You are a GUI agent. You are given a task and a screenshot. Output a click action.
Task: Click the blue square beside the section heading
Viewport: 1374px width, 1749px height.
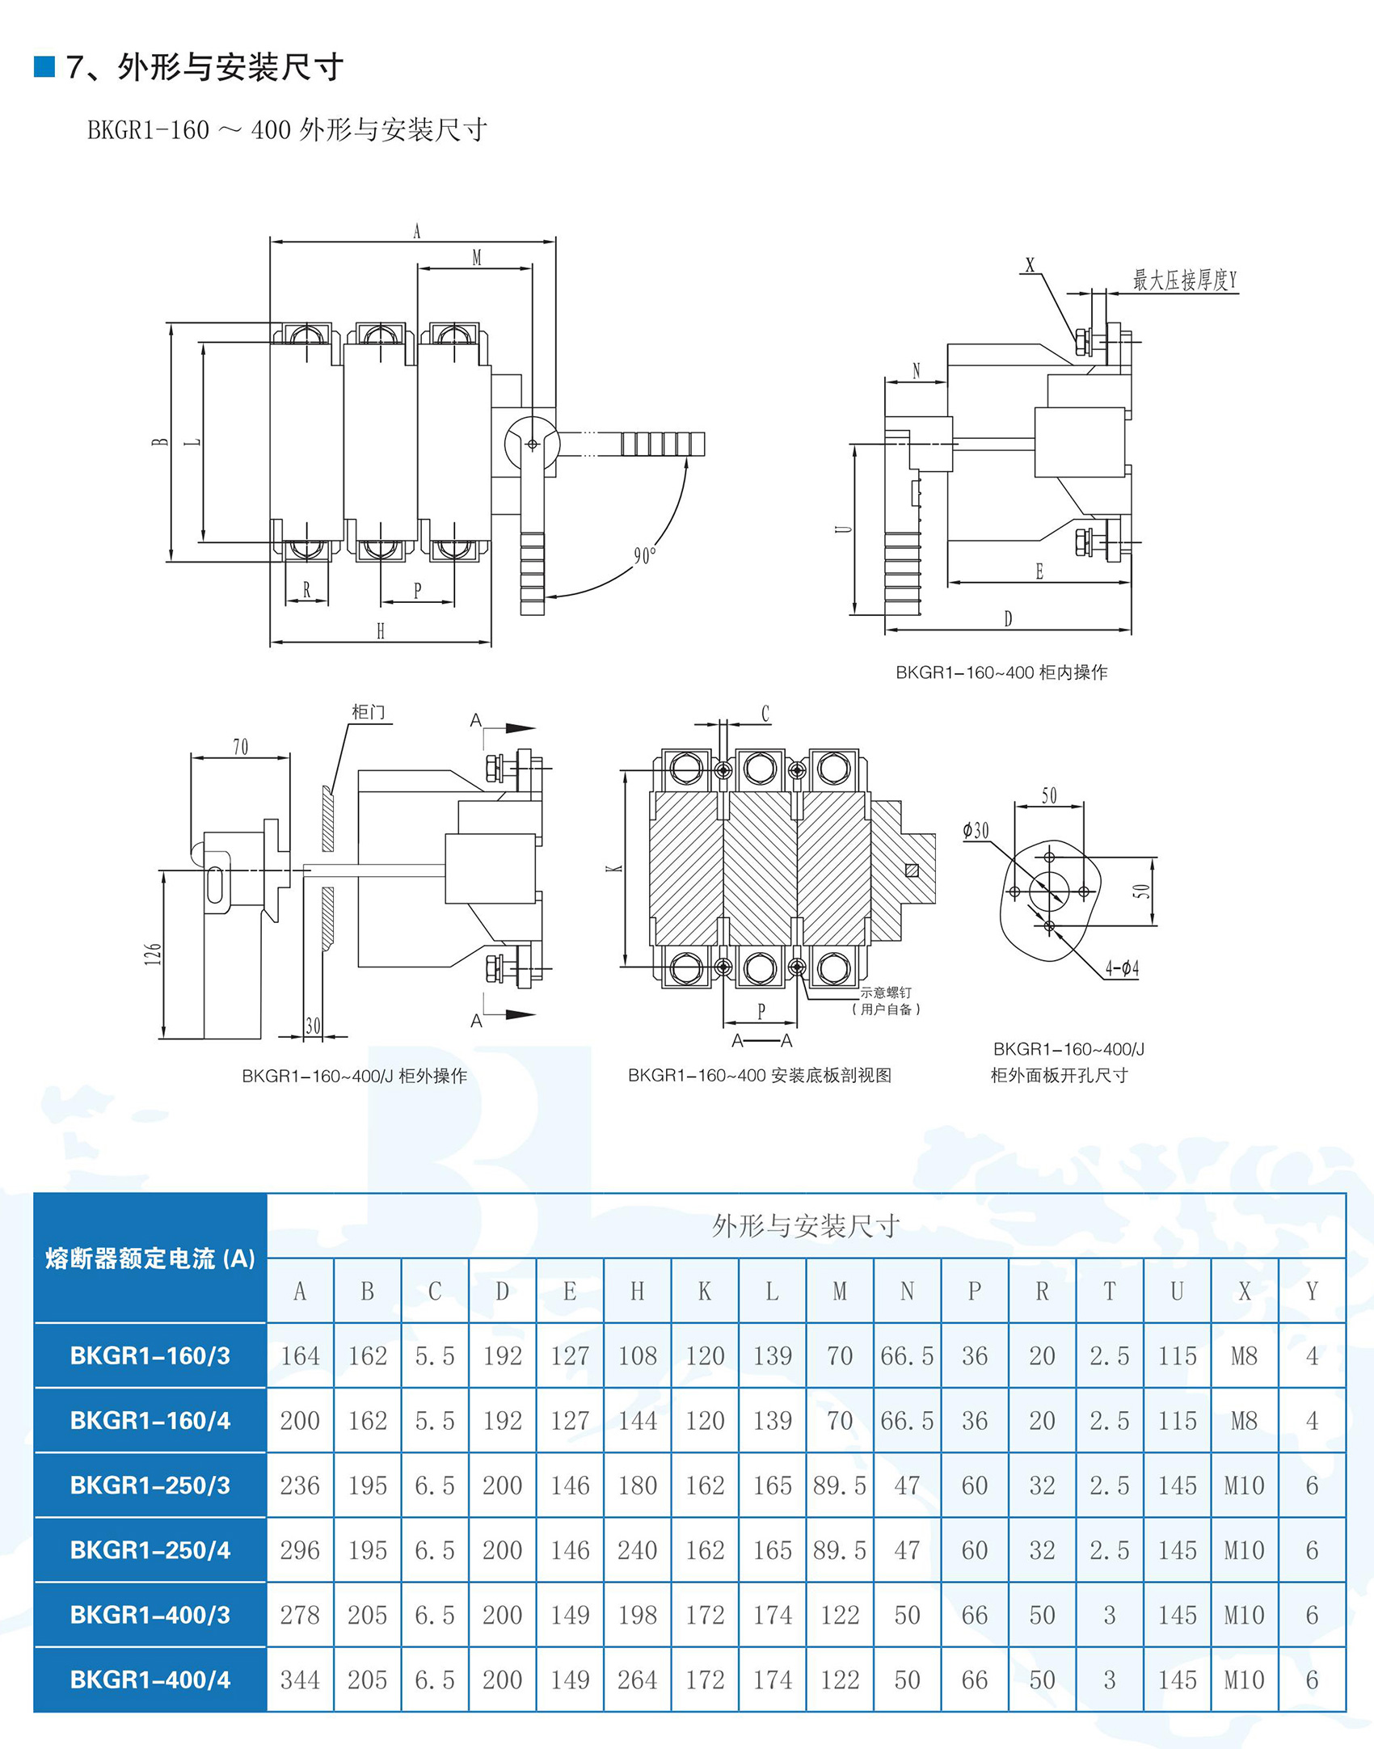44,66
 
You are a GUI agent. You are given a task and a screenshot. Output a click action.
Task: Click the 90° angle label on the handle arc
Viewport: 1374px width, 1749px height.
644,555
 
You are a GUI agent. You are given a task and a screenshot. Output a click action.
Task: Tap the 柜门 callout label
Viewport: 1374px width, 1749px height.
368,712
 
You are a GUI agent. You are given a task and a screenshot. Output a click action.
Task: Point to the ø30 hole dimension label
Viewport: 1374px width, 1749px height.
976,830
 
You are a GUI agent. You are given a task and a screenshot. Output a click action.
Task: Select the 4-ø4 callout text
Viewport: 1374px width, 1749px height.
1122,967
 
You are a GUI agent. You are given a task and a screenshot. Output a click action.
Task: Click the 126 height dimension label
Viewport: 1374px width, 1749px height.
153,954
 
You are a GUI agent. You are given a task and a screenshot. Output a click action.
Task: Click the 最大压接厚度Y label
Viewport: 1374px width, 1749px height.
1184,280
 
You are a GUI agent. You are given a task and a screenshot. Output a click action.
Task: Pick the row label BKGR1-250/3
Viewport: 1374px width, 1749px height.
150,1486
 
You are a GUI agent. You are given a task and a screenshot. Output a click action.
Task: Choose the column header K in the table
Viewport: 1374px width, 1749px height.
705,1292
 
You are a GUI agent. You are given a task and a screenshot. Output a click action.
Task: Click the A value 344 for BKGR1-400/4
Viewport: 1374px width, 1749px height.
300,1680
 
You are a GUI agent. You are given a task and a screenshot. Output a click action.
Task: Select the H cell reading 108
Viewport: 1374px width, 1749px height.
638,1356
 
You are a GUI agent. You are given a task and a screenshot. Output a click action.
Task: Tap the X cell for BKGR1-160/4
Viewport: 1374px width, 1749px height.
1244,1421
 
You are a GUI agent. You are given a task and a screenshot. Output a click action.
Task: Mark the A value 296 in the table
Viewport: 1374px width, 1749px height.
300,1550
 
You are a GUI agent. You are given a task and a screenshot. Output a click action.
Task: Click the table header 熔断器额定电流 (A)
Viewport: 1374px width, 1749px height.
150,1258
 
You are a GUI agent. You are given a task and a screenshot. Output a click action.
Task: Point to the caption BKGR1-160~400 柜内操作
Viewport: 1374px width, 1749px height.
1001,672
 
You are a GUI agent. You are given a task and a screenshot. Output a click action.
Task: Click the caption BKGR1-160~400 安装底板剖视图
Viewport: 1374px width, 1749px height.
760,1075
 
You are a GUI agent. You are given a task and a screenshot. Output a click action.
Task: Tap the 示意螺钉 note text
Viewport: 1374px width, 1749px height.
886,993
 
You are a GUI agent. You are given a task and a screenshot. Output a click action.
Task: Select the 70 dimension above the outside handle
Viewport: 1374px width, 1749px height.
241,747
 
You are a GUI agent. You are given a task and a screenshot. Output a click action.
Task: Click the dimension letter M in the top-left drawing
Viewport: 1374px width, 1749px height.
476,257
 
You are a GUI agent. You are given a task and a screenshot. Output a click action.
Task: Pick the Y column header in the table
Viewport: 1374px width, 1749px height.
1312,1292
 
